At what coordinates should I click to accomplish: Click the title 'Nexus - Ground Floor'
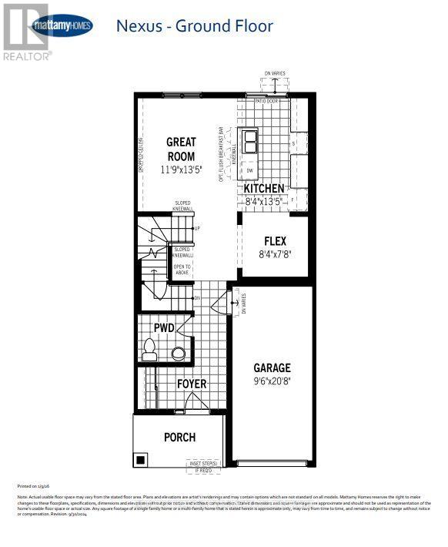(194, 26)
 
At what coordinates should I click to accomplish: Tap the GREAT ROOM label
(182, 149)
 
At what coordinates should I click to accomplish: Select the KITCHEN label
(263, 189)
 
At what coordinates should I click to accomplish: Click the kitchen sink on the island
(251, 143)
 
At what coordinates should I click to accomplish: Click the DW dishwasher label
(250, 170)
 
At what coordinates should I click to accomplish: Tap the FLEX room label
(275, 240)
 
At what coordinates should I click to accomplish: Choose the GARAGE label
(272, 368)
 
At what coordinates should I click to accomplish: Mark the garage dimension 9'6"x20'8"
(272, 381)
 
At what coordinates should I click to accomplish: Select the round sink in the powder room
(178, 353)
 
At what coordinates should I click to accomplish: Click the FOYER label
(191, 384)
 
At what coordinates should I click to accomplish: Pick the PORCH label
(179, 437)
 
